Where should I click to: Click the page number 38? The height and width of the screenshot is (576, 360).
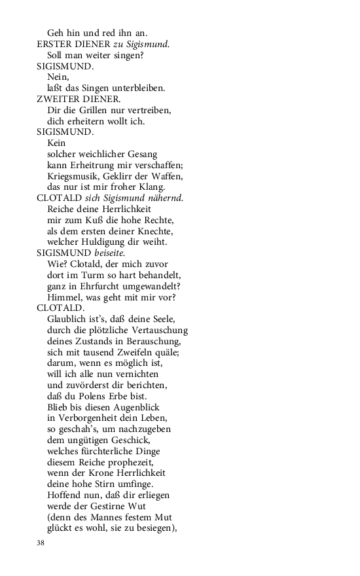41,543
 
